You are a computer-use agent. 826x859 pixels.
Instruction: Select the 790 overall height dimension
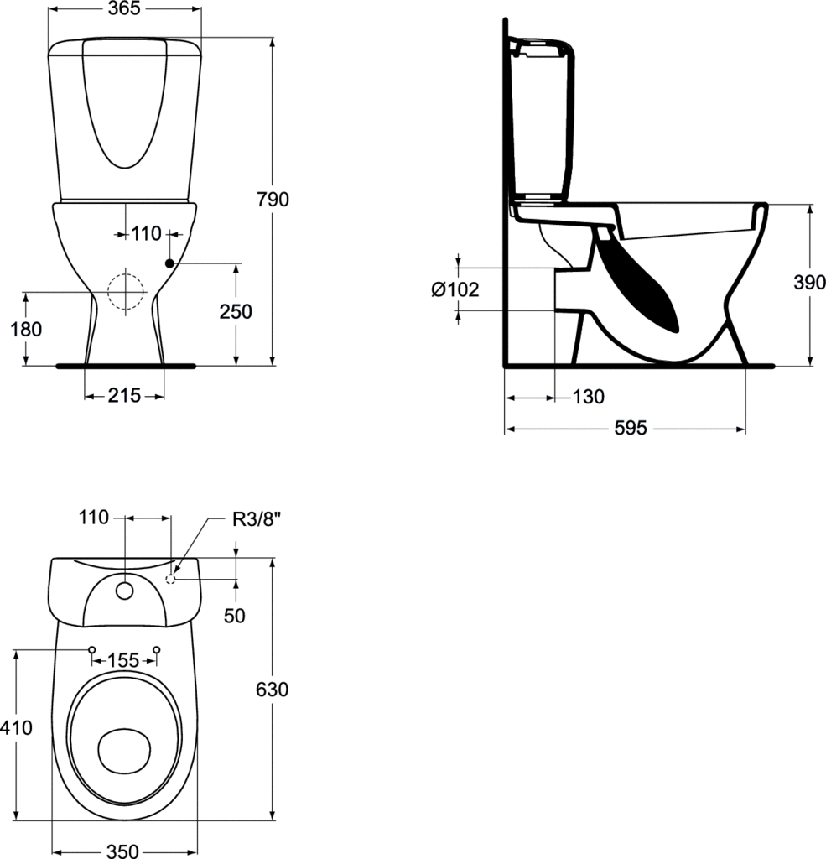[273, 200]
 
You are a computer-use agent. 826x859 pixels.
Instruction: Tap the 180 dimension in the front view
[26, 329]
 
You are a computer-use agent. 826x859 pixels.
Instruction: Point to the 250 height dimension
[236, 311]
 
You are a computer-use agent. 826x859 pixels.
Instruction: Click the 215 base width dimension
[124, 396]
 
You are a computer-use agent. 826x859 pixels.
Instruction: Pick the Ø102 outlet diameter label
[455, 289]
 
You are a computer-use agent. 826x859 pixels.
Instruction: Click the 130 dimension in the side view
[588, 397]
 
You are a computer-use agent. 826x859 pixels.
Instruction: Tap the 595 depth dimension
[631, 429]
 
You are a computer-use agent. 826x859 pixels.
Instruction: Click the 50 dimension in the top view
[235, 615]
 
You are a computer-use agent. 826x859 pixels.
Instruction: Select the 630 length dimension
[273, 690]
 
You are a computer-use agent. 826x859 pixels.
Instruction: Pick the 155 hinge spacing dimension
[124, 661]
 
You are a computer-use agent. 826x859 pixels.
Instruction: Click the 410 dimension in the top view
[17, 728]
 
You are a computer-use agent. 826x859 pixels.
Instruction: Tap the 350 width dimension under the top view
[122, 851]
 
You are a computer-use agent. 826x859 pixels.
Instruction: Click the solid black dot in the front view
[169, 263]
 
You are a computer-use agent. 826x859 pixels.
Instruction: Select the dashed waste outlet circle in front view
[125, 292]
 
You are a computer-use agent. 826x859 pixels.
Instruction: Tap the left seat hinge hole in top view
[92, 649]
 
